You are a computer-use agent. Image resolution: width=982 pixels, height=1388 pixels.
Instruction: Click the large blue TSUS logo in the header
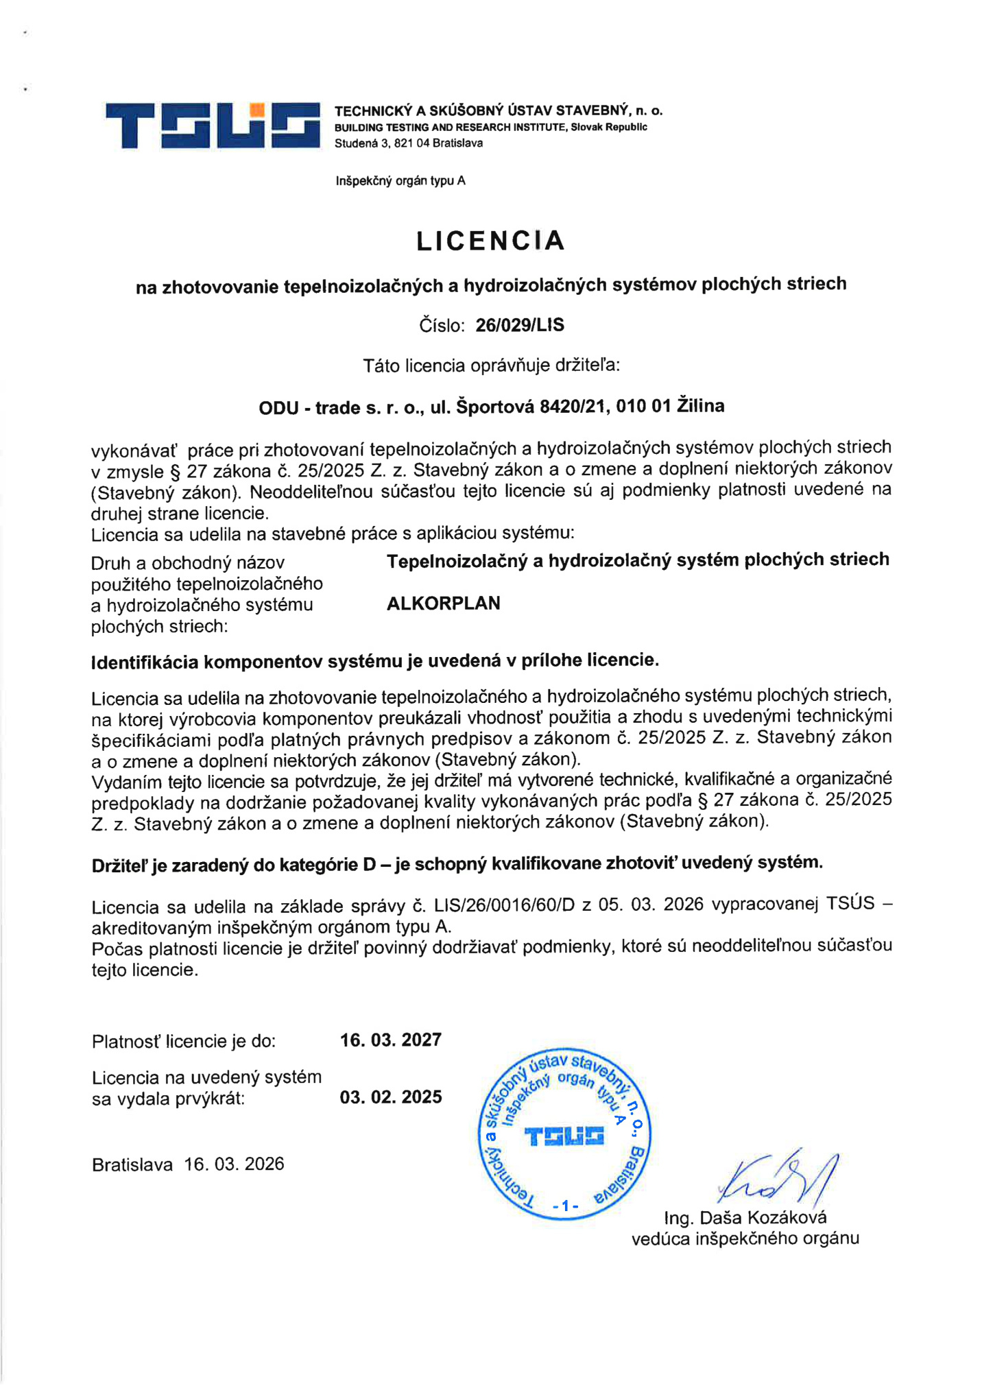click(x=213, y=125)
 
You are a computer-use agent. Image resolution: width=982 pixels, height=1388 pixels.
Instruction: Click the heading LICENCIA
click(x=490, y=241)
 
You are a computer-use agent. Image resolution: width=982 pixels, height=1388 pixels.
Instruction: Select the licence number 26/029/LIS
click(x=520, y=325)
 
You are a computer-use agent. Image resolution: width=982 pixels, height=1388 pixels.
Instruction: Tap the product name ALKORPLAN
click(x=444, y=603)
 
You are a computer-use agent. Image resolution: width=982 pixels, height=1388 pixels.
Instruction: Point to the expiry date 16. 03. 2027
click(x=391, y=1040)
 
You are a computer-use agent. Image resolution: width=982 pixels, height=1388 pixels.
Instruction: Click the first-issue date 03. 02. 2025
click(x=391, y=1097)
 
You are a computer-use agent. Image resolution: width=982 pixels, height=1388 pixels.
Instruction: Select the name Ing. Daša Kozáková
click(x=745, y=1217)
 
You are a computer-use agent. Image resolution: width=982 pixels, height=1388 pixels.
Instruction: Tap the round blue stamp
click(x=564, y=1134)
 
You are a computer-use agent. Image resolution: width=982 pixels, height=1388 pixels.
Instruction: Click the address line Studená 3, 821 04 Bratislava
click(x=409, y=143)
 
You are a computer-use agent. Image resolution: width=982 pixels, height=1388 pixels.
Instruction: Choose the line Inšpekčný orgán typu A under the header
click(x=400, y=181)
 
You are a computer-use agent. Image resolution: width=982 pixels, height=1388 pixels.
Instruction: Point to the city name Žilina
click(x=700, y=406)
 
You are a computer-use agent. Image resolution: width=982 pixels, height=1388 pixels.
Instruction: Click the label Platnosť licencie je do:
click(x=184, y=1042)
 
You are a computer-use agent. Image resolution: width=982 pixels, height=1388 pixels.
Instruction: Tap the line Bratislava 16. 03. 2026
click(x=188, y=1164)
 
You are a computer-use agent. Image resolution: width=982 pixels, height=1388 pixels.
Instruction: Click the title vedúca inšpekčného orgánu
click(x=745, y=1238)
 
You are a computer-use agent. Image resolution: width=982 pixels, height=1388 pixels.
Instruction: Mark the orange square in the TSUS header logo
click(x=257, y=110)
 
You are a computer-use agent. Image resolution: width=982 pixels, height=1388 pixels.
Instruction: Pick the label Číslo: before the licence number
click(x=442, y=326)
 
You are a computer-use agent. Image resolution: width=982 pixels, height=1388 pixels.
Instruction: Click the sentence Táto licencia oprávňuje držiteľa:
click(x=491, y=366)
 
